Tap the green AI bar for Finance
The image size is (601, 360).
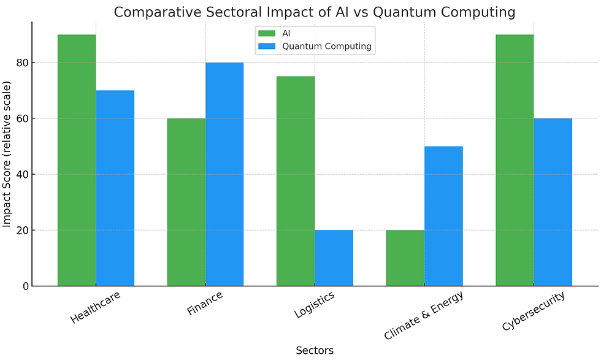(186, 202)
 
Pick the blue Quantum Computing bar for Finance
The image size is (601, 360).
(224, 174)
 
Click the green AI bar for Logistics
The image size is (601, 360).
(296, 182)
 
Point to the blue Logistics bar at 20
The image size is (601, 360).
(334, 258)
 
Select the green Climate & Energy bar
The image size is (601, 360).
(405, 258)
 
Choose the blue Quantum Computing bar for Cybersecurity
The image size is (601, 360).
(553, 202)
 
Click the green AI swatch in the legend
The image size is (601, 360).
(268, 33)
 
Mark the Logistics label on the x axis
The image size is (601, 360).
(314, 305)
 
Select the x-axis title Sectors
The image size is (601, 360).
(315, 351)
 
